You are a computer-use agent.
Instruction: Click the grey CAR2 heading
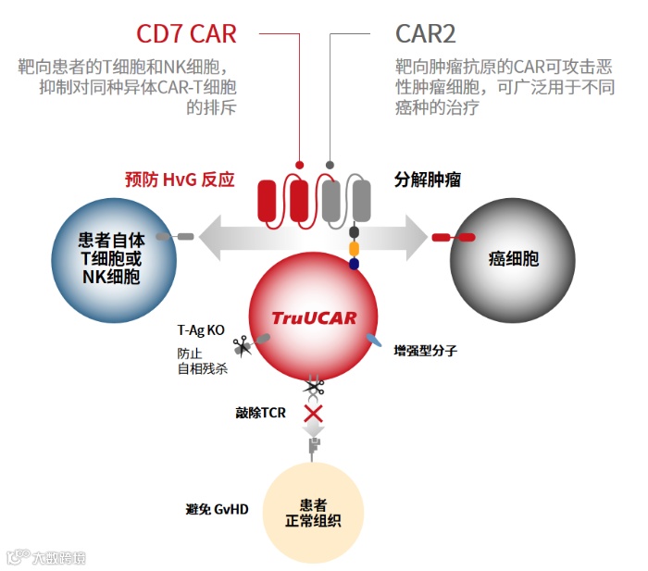point(425,34)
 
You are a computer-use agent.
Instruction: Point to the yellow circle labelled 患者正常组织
point(313,512)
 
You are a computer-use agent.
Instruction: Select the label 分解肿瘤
point(428,180)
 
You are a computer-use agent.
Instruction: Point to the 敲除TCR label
point(260,413)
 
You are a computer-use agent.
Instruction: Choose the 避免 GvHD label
point(217,510)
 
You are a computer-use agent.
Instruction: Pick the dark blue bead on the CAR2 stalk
point(354,265)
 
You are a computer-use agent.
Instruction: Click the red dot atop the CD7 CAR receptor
point(299,166)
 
